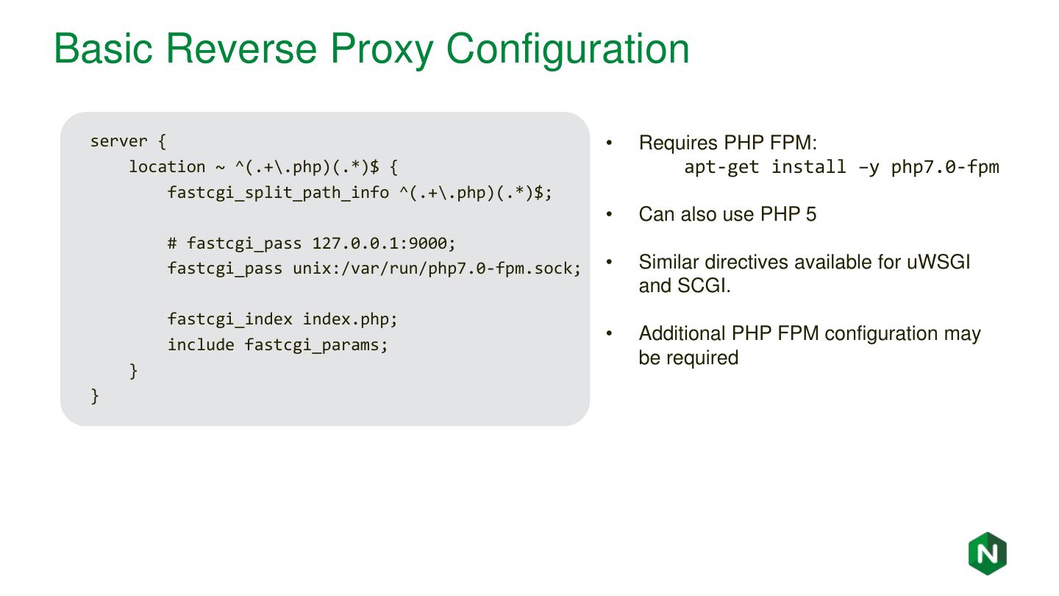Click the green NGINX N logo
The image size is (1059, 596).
pos(987,553)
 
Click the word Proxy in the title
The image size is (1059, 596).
pos(381,49)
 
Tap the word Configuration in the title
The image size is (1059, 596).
pos(568,49)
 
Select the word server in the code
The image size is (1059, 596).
pos(118,141)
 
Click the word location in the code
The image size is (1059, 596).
pos(167,167)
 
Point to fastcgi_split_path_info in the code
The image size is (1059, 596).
pos(278,193)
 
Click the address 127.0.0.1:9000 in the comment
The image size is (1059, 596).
pos(384,243)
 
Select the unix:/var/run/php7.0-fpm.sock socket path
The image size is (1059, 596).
pos(437,269)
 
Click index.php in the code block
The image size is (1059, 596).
pos(350,319)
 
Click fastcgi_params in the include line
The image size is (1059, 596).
pos(316,345)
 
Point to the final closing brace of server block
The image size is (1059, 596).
pos(95,396)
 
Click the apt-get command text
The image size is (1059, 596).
pos(721,167)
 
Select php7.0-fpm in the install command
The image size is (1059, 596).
pos(945,167)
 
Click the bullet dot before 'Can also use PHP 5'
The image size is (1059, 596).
pos(609,215)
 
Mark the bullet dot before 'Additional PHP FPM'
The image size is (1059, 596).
pos(609,334)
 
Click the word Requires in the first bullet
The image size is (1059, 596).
pos(678,143)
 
